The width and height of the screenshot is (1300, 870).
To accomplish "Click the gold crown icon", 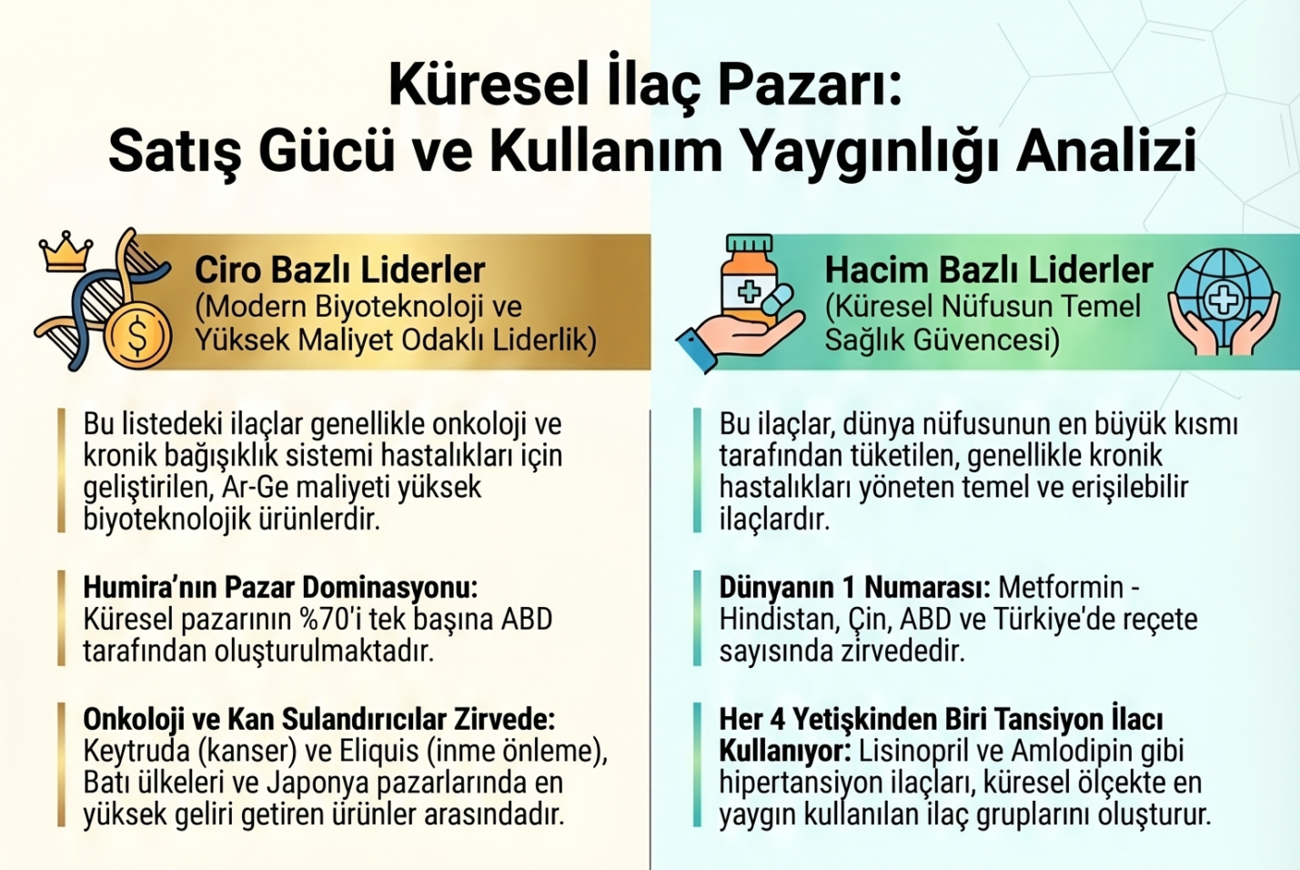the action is (x=66, y=251).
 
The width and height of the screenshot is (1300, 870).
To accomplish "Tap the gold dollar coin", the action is (x=139, y=337).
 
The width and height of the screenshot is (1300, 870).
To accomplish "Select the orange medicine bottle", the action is (x=750, y=279).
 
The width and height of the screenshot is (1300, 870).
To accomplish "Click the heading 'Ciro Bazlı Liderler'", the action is (x=340, y=270).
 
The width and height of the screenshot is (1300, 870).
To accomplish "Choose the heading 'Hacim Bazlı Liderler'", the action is (x=988, y=270).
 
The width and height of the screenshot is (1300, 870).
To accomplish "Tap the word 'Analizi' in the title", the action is (x=1106, y=152).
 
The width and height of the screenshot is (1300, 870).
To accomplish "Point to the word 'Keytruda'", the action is (x=136, y=752).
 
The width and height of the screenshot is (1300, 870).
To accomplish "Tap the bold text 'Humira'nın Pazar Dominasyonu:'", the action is (x=280, y=588).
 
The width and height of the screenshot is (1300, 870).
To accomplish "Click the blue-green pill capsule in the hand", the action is (x=775, y=299).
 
